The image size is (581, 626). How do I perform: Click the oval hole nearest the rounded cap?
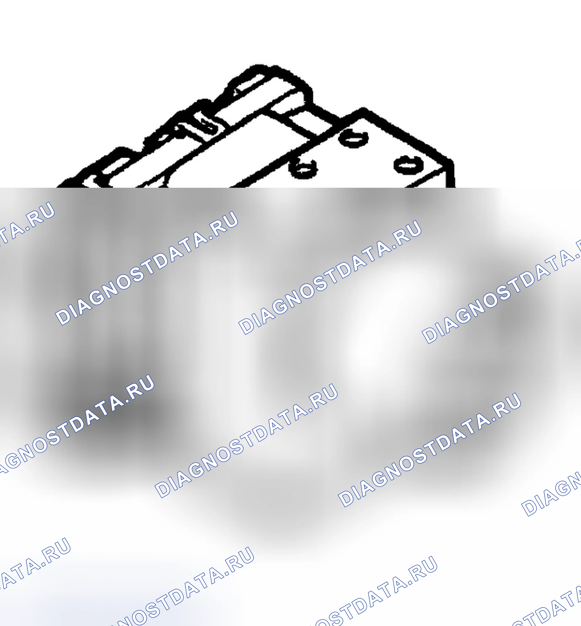[x=354, y=138]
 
